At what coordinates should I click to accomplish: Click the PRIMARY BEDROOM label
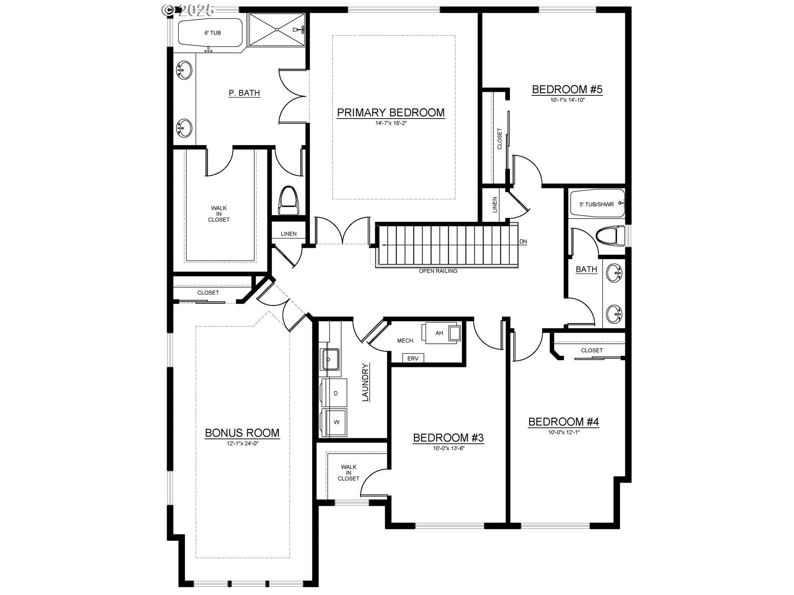tap(391, 112)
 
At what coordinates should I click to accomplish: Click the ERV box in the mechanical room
tap(413, 358)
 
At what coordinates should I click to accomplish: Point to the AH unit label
tap(439, 333)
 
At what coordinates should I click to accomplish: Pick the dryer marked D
tap(335, 393)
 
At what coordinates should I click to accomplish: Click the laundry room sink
tap(330, 359)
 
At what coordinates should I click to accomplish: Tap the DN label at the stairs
tap(523, 242)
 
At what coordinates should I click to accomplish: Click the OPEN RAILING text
tap(438, 271)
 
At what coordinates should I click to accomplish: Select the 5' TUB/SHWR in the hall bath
tap(597, 204)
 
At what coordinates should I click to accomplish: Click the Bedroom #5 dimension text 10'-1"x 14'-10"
tap(567, 100)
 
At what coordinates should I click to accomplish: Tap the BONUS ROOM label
tap(242, 433)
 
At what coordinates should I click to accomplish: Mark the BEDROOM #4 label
tap(564, 422)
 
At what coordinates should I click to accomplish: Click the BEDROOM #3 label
tap(448, 438)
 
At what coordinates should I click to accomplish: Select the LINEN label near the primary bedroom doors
tap(289, 234)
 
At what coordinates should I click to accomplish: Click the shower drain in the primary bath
tap(277, 29)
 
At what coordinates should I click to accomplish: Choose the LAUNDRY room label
tap(366, 382)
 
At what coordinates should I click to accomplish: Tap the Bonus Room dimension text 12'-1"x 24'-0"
tap(242, 443)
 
